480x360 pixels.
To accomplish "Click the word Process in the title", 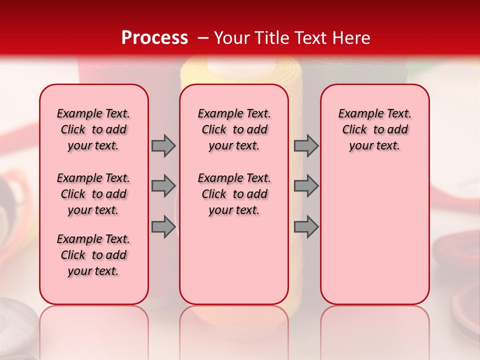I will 154,38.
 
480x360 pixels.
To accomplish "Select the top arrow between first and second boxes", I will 163,145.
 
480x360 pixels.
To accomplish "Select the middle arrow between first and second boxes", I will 163,186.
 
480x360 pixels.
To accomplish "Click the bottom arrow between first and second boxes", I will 163,227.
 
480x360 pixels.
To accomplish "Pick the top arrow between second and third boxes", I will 306,145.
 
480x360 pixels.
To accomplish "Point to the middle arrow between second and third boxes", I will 306,186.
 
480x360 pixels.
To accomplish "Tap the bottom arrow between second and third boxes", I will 306,227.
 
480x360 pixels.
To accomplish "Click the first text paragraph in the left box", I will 93,129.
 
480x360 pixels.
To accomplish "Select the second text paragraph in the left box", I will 93,194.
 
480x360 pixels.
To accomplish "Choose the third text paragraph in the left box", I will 93,255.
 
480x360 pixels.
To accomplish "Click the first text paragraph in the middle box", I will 234,129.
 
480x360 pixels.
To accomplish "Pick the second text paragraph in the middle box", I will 234,194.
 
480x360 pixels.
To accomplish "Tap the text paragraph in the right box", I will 374,129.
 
